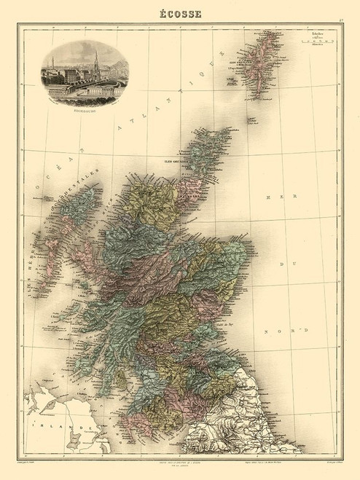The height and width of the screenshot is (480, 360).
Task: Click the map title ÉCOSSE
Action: [x=180, y=12]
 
